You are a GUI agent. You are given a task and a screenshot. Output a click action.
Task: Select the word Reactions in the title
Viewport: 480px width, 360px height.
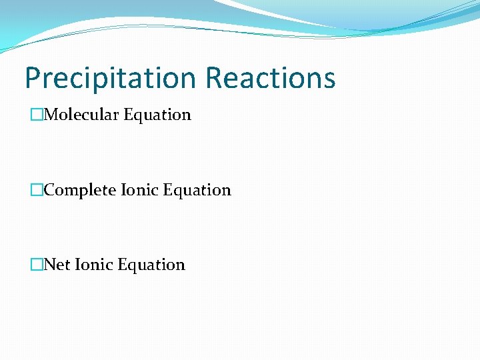(x=270, y=78)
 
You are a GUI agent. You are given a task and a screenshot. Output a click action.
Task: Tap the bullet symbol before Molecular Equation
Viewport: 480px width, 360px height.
(x=36, y=115)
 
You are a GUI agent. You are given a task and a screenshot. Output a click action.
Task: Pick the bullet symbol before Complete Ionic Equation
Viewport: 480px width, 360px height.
(x=36, y=191)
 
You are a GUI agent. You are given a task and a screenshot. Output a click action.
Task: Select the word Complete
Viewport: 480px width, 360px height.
(x=80, y=191)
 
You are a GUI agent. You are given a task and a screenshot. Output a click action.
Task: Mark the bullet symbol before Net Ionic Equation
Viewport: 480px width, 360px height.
(x=36, y=265)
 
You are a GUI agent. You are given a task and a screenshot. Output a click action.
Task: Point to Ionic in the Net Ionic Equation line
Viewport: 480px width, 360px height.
(x=93, y=265)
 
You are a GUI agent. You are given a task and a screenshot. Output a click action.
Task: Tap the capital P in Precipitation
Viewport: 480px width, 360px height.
(x=33, y=78)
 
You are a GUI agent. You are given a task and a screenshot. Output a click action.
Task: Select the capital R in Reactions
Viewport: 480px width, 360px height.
(x=215, y=78)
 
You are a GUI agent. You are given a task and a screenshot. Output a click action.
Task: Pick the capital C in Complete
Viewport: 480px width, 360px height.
(x=49, y=191)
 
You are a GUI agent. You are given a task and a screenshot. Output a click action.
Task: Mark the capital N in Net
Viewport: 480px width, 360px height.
(x=49, y=265)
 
